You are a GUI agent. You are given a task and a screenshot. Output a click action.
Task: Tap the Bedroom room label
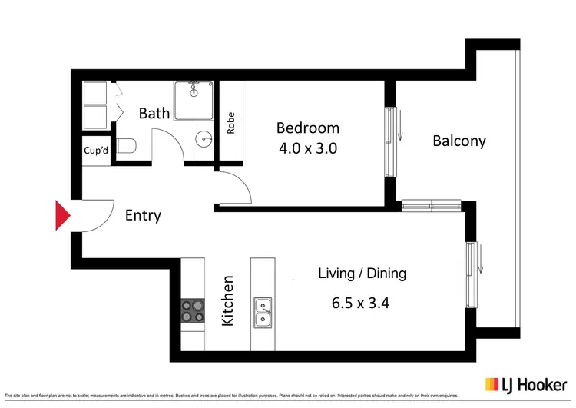(308, 128)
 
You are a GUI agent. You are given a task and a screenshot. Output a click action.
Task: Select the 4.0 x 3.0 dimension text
(308, 148)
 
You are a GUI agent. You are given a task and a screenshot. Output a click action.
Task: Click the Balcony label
(459, 141)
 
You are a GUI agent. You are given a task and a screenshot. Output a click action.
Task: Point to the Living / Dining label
(362, 274)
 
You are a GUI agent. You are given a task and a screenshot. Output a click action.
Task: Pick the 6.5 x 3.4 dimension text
(360, 303)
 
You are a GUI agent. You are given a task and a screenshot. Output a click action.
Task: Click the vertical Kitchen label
(228, 300)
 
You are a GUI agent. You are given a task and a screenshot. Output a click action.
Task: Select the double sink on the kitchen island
(263, 310)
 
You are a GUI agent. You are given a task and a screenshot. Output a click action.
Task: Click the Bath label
(154, 113)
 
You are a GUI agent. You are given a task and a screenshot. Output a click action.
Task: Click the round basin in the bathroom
(204, 140)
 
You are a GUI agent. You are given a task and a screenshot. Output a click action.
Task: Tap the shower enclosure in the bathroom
(193, 101)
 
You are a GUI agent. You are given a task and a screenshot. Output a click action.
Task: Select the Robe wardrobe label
(231, 123)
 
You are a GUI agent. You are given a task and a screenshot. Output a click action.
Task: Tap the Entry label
(143, 215)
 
